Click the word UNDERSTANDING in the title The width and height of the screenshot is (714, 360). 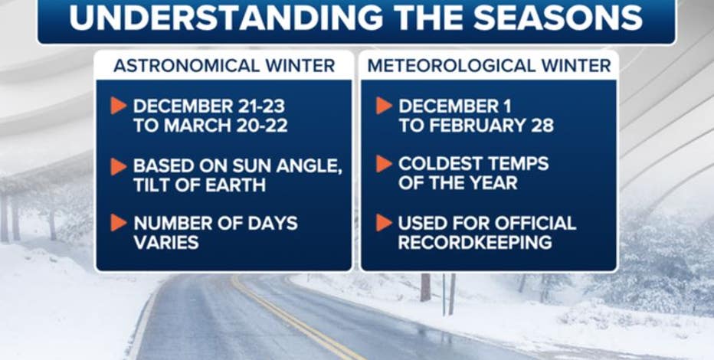(226, 18)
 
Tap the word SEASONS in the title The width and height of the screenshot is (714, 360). (558, 18)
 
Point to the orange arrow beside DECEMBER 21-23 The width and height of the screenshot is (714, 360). (119, 106)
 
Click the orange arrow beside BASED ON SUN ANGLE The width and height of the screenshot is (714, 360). (119, 166)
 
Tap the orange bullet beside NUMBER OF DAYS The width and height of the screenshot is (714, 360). (119, 223)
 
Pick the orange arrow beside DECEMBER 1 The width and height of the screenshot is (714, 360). (384, 106)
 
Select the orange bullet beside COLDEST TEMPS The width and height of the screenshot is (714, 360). (384, 164)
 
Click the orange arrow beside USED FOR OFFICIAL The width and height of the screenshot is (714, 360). (384, 223)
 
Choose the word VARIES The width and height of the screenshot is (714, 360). (165, 242)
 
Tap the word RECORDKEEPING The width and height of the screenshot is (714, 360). (475, 242)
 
